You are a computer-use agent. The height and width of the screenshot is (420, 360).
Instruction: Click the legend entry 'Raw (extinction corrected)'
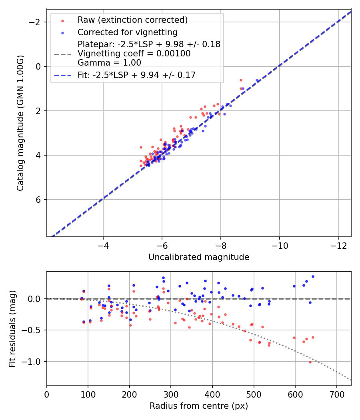click(132, 20)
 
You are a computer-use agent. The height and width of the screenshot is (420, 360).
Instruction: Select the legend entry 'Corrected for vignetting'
click(127, 32)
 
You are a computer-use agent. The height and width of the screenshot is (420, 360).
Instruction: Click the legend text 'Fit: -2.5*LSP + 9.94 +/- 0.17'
click(136, 75)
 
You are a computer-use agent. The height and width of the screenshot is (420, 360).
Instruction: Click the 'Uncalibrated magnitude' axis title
click(199, 257)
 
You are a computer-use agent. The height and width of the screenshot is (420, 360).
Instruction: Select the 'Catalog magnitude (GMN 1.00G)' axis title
click(20, 123)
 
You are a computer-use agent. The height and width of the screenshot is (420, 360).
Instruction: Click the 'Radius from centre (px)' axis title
click(199, 406)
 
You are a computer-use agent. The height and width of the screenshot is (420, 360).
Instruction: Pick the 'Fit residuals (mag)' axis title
click(12, 328)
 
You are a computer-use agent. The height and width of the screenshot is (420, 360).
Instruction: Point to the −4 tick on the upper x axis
click(103, 244)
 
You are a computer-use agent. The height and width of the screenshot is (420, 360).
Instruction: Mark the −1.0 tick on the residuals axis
click(34, 362)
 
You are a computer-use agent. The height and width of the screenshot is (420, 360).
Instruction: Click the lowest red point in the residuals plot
click(310, 362)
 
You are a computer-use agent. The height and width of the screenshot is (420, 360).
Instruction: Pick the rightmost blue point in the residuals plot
click(313, 276)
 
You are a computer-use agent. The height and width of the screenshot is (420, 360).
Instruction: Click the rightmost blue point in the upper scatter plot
click(257, 80)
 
